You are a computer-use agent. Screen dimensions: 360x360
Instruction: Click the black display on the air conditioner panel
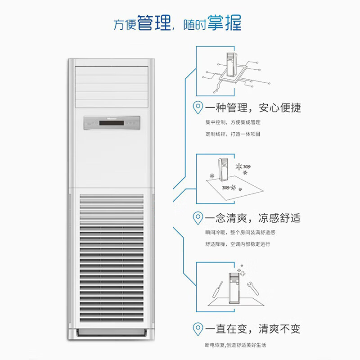pos(112,123)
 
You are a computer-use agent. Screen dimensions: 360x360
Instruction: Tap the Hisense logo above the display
pos(112,119)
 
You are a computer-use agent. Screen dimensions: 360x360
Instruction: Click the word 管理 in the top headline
pos(154,23)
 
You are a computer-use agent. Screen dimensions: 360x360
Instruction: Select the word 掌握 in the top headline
pos(224,22)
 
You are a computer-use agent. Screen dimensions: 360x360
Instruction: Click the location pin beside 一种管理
pos(198,108)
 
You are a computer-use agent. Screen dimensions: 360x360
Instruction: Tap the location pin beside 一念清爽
pos(198,218)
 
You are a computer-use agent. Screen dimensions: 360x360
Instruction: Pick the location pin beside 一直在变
pos(198,329)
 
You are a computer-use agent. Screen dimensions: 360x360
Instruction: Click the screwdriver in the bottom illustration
pos(217,290)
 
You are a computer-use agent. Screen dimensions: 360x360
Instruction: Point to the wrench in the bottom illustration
pos(253,288)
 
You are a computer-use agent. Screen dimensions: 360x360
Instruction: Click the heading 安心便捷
pos(280,108)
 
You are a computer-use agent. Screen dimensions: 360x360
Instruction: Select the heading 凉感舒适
pos(279,218)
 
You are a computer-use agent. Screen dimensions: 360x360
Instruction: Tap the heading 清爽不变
pos(279,329)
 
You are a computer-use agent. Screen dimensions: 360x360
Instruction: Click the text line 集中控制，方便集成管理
pos(233,122)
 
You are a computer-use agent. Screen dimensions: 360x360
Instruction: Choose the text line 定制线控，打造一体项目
pos(233,134)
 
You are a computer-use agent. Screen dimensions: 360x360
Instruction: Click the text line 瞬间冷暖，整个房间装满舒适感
pos(240,233)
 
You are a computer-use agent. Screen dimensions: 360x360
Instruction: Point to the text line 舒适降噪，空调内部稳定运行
pos(238,244)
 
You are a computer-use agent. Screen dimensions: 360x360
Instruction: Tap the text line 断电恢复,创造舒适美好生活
pos(235,345)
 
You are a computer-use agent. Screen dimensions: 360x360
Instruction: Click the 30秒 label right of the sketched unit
pos(247,166)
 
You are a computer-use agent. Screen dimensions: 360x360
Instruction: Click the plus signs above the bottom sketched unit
pos(241,271)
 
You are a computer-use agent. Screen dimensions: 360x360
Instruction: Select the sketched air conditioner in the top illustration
pos(231,65)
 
